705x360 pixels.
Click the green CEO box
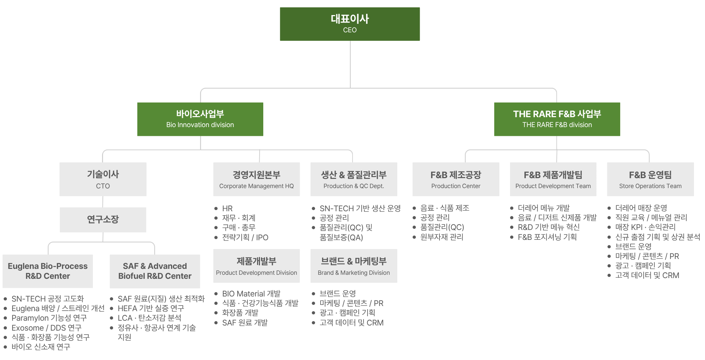tap(350, 24)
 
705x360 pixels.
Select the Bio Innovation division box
tap(200, 119)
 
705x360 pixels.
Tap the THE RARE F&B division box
tap(557, 119)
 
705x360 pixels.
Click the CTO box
tap(103, 179)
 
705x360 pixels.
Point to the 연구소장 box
tap(103, 220)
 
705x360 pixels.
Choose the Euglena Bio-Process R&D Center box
tap(48, 271)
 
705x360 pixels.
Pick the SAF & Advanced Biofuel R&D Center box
tap(155, 271)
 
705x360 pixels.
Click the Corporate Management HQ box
tap(256, 179)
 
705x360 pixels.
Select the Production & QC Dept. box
tap(354, 179)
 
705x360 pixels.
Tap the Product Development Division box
tap(256, 266)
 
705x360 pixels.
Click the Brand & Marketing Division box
tap(354, 266)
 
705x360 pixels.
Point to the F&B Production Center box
tap(456, 179)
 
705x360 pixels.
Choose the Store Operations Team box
tap(650, 179)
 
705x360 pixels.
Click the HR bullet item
tap(227, 208)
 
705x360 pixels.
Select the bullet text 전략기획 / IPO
tap(245, 237)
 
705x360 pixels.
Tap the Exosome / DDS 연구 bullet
tap(47, 328)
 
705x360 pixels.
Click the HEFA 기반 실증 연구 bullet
tap(151, 308)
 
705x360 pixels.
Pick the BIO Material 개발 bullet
tap(251, 294)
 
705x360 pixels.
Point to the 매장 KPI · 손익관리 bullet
tap(646, 227)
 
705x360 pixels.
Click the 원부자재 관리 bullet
tap(442, 237)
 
